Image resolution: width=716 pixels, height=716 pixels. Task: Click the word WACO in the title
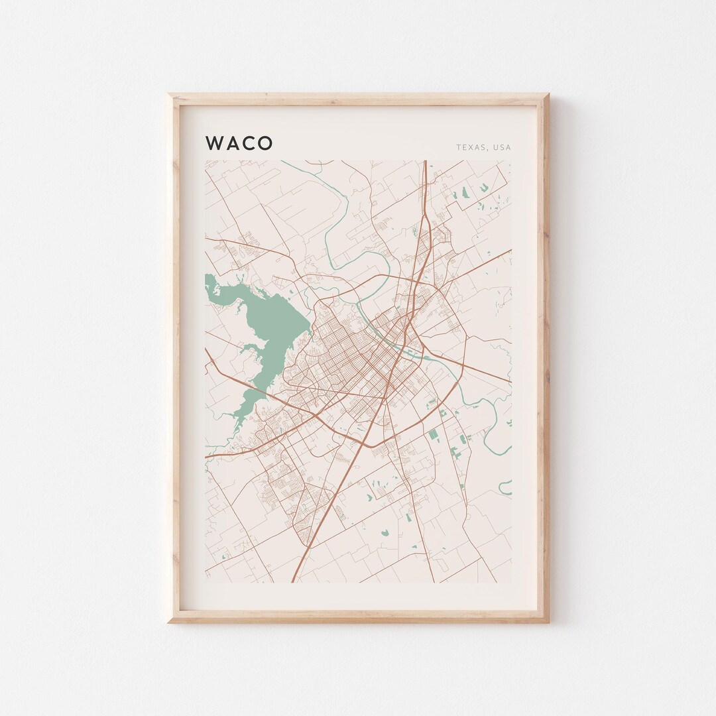pos(239,143)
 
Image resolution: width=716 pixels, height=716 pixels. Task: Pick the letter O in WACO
pos(265,143)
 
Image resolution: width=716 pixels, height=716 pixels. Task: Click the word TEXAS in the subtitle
pos(470,147)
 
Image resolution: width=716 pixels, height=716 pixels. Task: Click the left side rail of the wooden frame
pos(175,358)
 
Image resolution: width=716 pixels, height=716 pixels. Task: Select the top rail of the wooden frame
pos(358,99)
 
